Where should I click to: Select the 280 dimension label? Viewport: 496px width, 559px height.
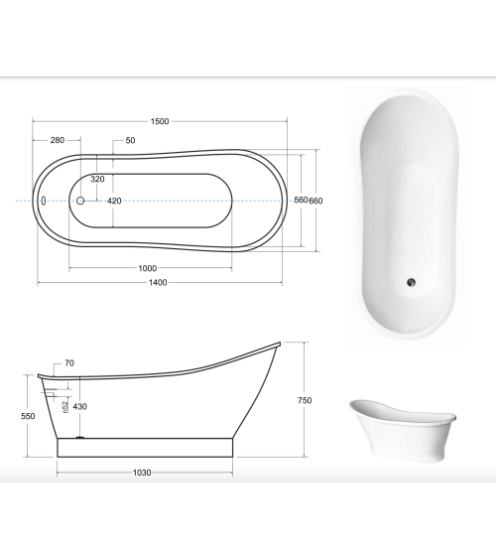58,140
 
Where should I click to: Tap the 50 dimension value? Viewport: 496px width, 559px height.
130,140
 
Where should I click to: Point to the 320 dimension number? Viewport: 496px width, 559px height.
97,180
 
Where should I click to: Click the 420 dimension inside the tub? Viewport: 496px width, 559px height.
114,201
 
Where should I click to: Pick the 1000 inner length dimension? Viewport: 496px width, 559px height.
148,268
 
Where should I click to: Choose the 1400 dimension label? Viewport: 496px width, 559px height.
158,283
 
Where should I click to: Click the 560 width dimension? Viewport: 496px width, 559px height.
300,201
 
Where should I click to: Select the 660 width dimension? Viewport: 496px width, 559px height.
316,201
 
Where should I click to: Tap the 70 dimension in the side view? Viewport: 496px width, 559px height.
68,363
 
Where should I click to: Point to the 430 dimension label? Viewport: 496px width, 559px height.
79,406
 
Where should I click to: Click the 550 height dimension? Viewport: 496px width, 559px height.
28,416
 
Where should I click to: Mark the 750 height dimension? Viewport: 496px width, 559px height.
305,400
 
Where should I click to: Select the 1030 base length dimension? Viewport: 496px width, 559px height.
142,473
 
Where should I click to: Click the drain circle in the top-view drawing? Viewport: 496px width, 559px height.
81,201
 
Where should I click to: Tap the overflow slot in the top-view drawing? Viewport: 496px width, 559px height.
44,201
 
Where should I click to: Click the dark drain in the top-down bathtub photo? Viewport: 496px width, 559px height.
409,282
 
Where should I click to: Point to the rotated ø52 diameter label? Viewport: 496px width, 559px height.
65,406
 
